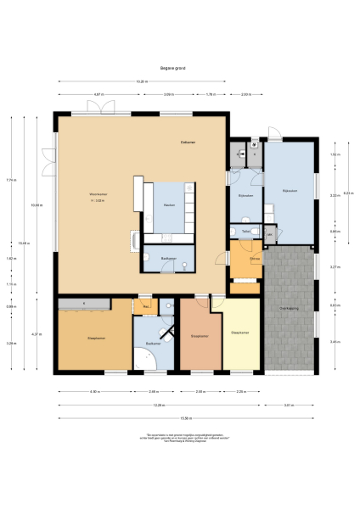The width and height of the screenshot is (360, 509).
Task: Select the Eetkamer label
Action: pyautogui.click(x=188, y=142)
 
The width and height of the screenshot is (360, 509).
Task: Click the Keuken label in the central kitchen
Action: pyautogui.click(x=169, y=205)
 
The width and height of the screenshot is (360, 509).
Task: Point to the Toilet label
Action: pyautogui.click(x=245, y=230)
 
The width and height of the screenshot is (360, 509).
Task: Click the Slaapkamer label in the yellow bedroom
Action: pyautogui.click(x=240, y=332)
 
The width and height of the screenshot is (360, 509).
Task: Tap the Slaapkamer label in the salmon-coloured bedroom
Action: pyautogui.click(x=200, y=335)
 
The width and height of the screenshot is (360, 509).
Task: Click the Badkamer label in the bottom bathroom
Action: pyautogui.click(x=154, y=343)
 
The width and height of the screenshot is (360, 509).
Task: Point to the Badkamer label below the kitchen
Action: pyautogui.click(x=169, y=258)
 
